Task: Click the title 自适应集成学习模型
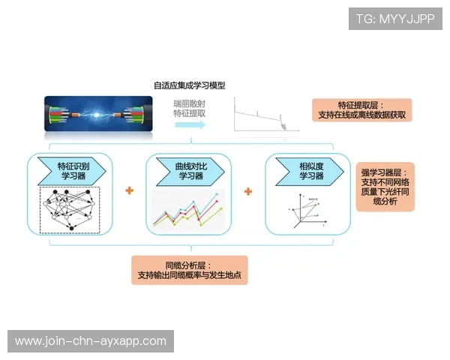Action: pos(190,85)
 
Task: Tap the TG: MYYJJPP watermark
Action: pos(395,19)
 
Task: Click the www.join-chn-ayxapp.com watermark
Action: pos(90,341)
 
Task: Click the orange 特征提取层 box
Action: pos(361,110)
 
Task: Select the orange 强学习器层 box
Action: pos(385,187)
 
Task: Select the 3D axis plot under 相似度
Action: pos(307,208)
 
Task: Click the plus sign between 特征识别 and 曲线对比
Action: pos(129,191)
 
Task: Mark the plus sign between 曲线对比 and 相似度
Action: pos(248,191)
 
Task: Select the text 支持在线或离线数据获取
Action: pos(361,115)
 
